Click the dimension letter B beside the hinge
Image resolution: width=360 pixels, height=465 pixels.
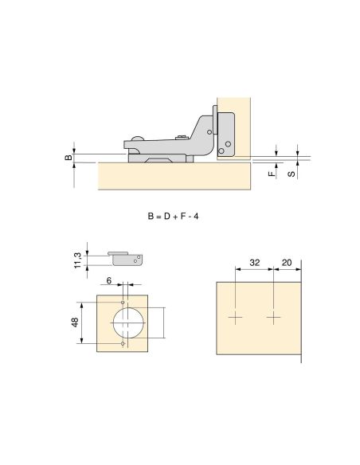(68, 157)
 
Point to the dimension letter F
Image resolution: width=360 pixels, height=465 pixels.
(272, 174)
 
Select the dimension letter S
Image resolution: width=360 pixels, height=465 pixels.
(292, 173)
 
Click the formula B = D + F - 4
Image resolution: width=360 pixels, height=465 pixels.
(173, 217)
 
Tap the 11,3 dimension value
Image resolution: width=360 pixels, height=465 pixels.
(77, 260)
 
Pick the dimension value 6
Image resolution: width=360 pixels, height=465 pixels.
(109, 280)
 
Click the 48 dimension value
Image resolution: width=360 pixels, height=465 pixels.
(75, 322)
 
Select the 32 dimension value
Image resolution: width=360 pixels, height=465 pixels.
(255, 263)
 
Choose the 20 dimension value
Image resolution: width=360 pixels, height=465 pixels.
(287, 263)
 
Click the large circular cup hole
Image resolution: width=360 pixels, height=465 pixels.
(128, 323)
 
